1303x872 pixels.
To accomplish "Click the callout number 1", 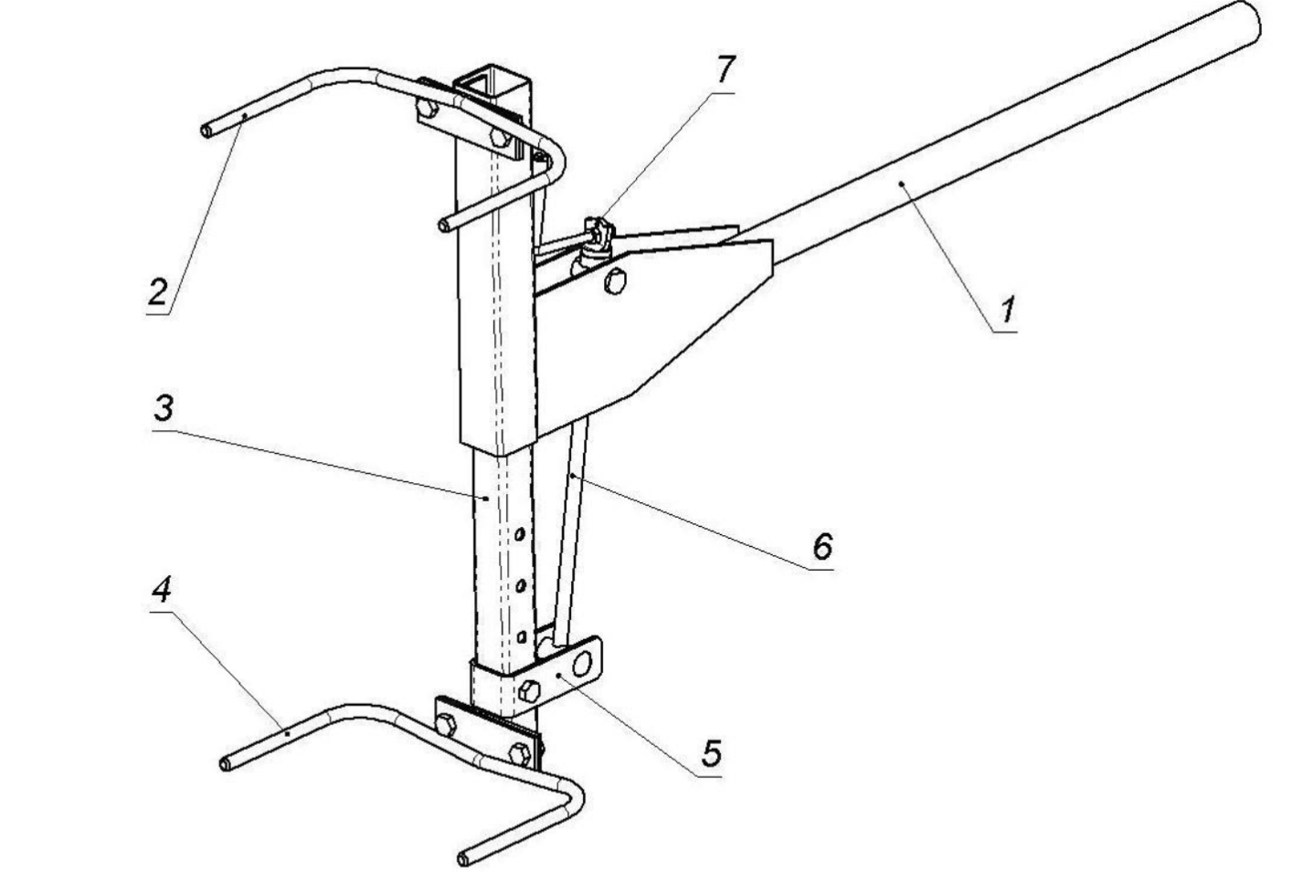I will tap(1006, 310).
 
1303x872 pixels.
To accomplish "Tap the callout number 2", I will tap(159, 292).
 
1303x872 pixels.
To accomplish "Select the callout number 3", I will tap(164, 408).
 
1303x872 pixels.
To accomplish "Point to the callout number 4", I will tap(161, 591).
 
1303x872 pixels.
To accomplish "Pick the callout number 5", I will tap(712, 753).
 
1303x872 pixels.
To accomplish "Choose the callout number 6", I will tap(822, 546).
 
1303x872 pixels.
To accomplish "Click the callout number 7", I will tap(725, 68).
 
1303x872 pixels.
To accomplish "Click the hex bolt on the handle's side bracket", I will tap(614, 282).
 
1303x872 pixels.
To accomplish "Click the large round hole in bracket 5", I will tap(581, 662).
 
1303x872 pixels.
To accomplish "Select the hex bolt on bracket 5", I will tap(528, 690).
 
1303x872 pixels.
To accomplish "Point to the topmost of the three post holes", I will tap(518, 534).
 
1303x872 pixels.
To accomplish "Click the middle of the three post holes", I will tap(519, 584).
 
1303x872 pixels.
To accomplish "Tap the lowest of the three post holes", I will tap(521, 636).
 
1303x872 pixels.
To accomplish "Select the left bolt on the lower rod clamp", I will tap(446, 726).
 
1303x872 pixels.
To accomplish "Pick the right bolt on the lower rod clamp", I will tap(518, 754).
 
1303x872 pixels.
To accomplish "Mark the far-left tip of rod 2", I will tap(207, 132).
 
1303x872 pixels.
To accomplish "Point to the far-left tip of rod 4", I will tap(225, 763).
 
